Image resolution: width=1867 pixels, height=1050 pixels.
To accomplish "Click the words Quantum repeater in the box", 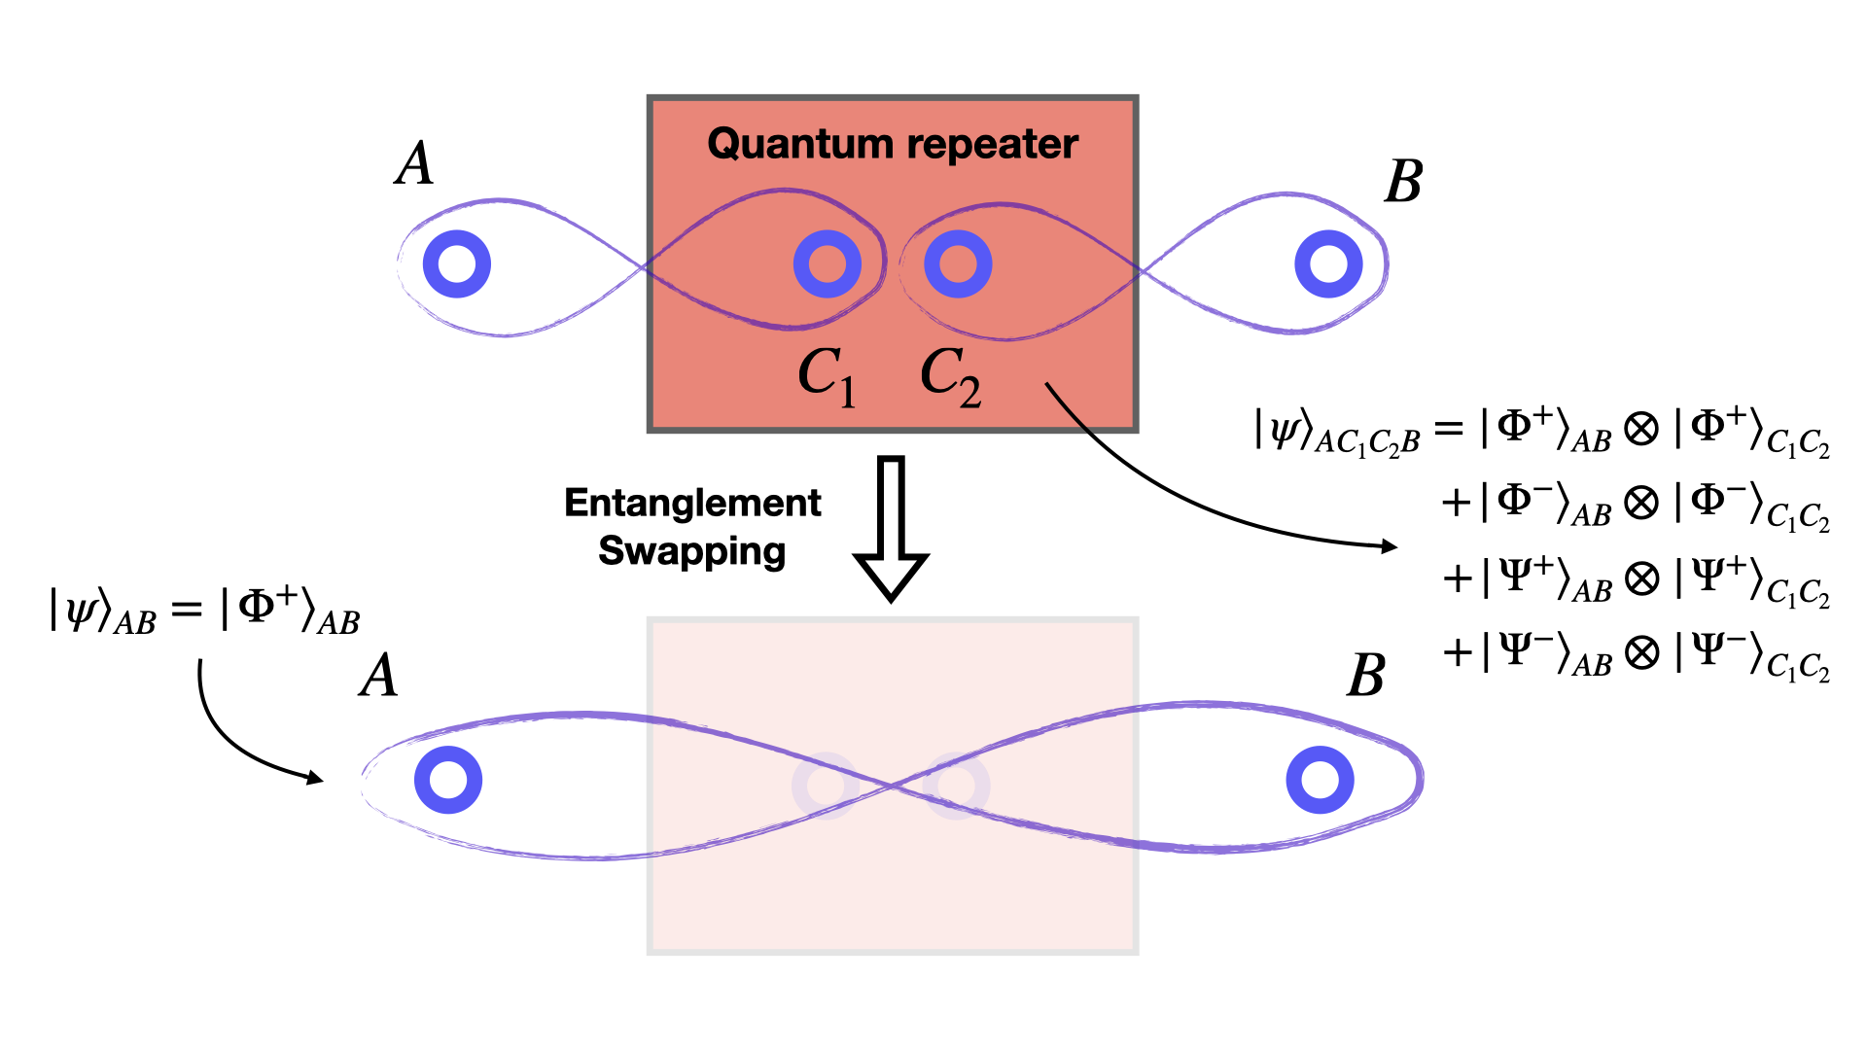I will pyautogui.click(x=892, y=144).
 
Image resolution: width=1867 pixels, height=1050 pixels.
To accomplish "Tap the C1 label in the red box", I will pyautogui.click(x=827, y=376).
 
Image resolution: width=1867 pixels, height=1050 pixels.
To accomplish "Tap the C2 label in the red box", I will pyautogui.click(x=950, y=376).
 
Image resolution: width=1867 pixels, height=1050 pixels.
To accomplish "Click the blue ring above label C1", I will pyautogui.click(x=827, y=263).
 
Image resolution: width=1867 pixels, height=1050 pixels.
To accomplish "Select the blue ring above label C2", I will pyautogui.click(x=958, y=263).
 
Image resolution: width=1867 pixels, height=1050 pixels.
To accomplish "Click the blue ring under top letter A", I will pyautogui.click(x=457, y=263).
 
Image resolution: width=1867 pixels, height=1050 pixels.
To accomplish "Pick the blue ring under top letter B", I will pyautogui.click(x=1328, y=263).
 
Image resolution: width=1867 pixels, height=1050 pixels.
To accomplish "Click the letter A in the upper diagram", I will pyautogui.click(x=415, y=163).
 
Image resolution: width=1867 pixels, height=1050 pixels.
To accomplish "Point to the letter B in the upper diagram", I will pyautogui.click(x=1403, y=182).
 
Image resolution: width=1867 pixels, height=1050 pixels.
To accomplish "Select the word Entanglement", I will pyautogui.click(x=692, y=503).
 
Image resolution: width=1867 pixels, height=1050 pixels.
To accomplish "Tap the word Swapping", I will pyautogui.click(x=691, y=551).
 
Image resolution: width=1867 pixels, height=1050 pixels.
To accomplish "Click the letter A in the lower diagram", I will pyautogui.click(x=379, y=676).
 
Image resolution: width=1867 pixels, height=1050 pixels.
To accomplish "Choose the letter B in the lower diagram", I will pyautogui.click(x=1366, y=676).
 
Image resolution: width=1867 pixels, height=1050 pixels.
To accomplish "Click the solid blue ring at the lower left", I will pyautogui.click(x=448, y=780).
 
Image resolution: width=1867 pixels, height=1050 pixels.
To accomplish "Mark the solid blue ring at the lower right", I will pyautogui.click(x=1320, y=780).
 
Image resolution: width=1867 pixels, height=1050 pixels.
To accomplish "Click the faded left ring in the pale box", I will pyautogui.click(x=825, y=785).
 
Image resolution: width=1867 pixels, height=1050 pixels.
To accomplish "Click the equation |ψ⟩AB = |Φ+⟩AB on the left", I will pyautogui.click(x=204, y=611).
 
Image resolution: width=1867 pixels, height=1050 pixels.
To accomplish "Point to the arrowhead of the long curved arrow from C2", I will pyautogui.click(x=1391, y=546).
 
